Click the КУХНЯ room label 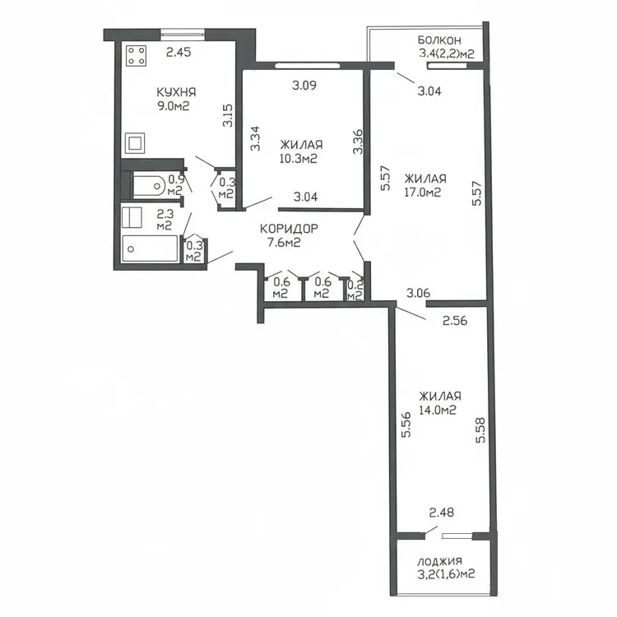coord(176,92)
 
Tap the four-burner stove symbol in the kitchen coord(137,55)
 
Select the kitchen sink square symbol coord(135,143)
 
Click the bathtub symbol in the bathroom coord(150,248)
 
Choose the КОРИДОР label coord(289,229)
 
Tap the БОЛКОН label coord(439,40)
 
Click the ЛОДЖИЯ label coord(439,562)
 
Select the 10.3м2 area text coord(299,159)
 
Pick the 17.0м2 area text coord(422,193)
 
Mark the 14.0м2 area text coord(437,411)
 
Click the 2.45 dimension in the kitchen coord(179,52)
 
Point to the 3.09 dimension coord(304,85)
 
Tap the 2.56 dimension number coord(455,321)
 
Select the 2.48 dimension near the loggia coord(442,513)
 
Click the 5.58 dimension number coord(481,430)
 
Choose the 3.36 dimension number coord(358,142)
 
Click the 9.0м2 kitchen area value coord(174,106)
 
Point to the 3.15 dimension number coord(227,115)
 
